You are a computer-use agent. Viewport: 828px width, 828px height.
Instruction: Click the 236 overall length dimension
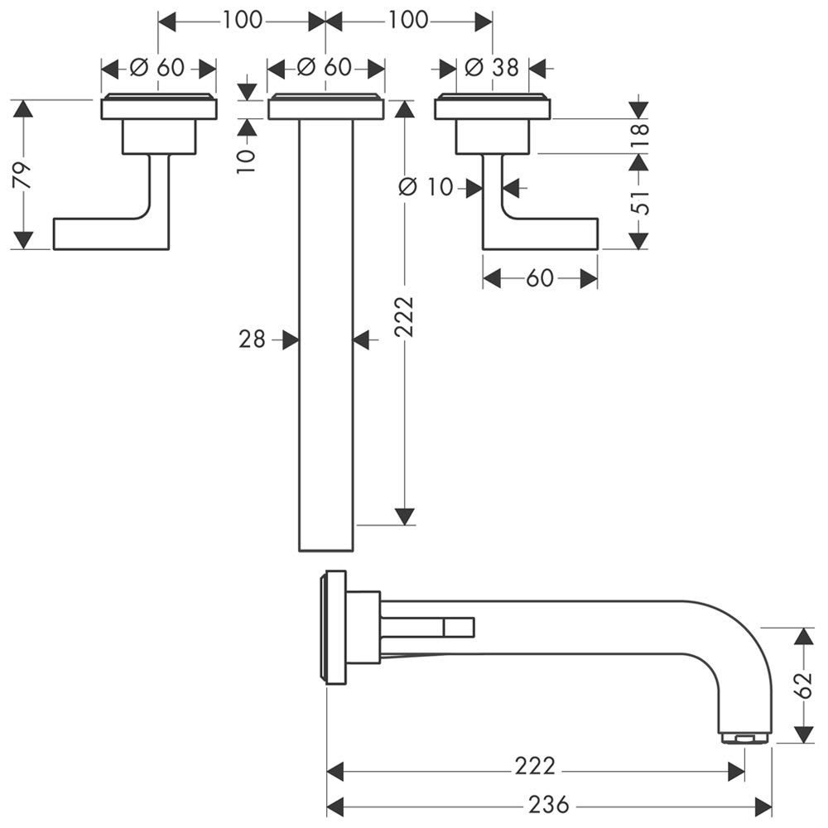coord(548,804)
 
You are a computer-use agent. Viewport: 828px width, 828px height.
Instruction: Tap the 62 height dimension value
coord(802,686)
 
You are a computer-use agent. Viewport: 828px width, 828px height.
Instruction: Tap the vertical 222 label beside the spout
coord(404,315)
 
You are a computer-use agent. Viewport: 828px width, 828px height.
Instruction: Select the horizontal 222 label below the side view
coord(534,767)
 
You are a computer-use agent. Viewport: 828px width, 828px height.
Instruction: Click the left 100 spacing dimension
coord(241,20)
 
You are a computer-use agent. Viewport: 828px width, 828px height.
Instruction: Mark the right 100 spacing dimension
coord(408,20)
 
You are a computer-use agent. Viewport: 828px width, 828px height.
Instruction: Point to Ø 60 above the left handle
coord(159,67)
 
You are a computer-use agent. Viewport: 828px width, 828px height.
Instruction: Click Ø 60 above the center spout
coord(326,67)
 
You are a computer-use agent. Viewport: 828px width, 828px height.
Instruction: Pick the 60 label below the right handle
coord(539,278)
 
